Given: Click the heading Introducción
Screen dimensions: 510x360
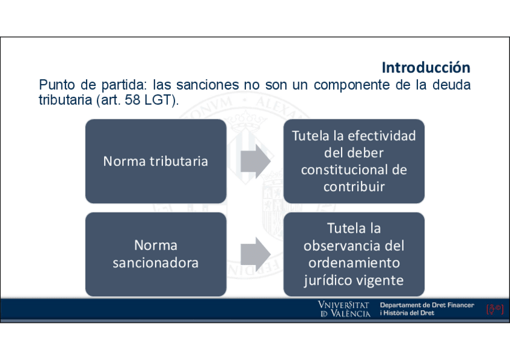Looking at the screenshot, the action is click(426, 67).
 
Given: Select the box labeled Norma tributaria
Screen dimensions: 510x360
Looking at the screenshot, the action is click(156, 161).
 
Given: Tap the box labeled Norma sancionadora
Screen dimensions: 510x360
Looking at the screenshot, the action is click(156, 254).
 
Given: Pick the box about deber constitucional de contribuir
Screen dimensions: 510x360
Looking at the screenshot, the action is click(354, 161).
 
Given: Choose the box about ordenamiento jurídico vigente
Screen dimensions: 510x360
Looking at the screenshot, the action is click(354, 254).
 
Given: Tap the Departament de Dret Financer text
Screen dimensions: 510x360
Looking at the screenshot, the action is click(427, 306).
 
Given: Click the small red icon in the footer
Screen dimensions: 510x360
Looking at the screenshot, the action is click(494, 310).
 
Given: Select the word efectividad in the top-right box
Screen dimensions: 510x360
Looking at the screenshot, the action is click(382, 136).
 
